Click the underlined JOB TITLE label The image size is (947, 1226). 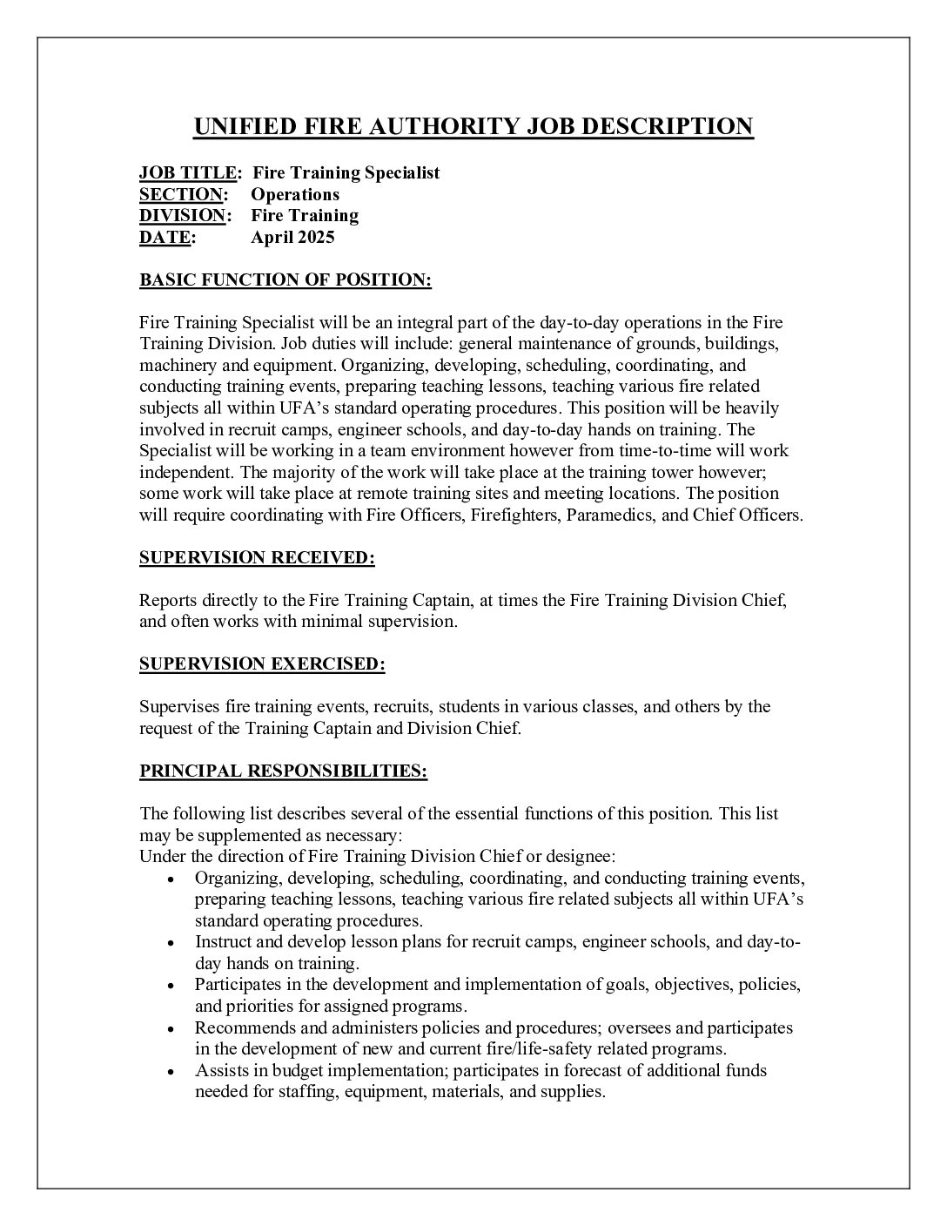tap(187, 172)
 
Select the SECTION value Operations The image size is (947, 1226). tap(295, 194)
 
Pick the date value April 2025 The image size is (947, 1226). tap(292, 237)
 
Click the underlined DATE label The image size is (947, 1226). tap(165, 237)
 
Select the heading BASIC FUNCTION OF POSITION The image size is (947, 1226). tap(285, 280)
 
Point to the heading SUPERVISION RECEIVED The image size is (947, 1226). tap(257, 558)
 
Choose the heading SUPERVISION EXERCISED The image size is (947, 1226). tap(262, 664)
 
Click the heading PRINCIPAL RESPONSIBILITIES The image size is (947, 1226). tap(283, 771)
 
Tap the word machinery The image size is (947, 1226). tap(173, 366)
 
